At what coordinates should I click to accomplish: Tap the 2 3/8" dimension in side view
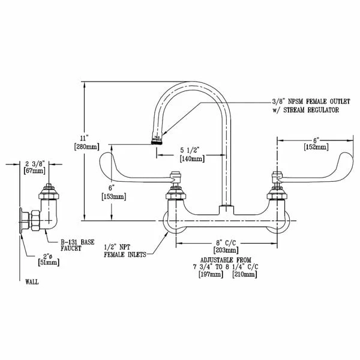pos(36,163)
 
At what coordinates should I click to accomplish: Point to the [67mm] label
pos(36,171)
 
